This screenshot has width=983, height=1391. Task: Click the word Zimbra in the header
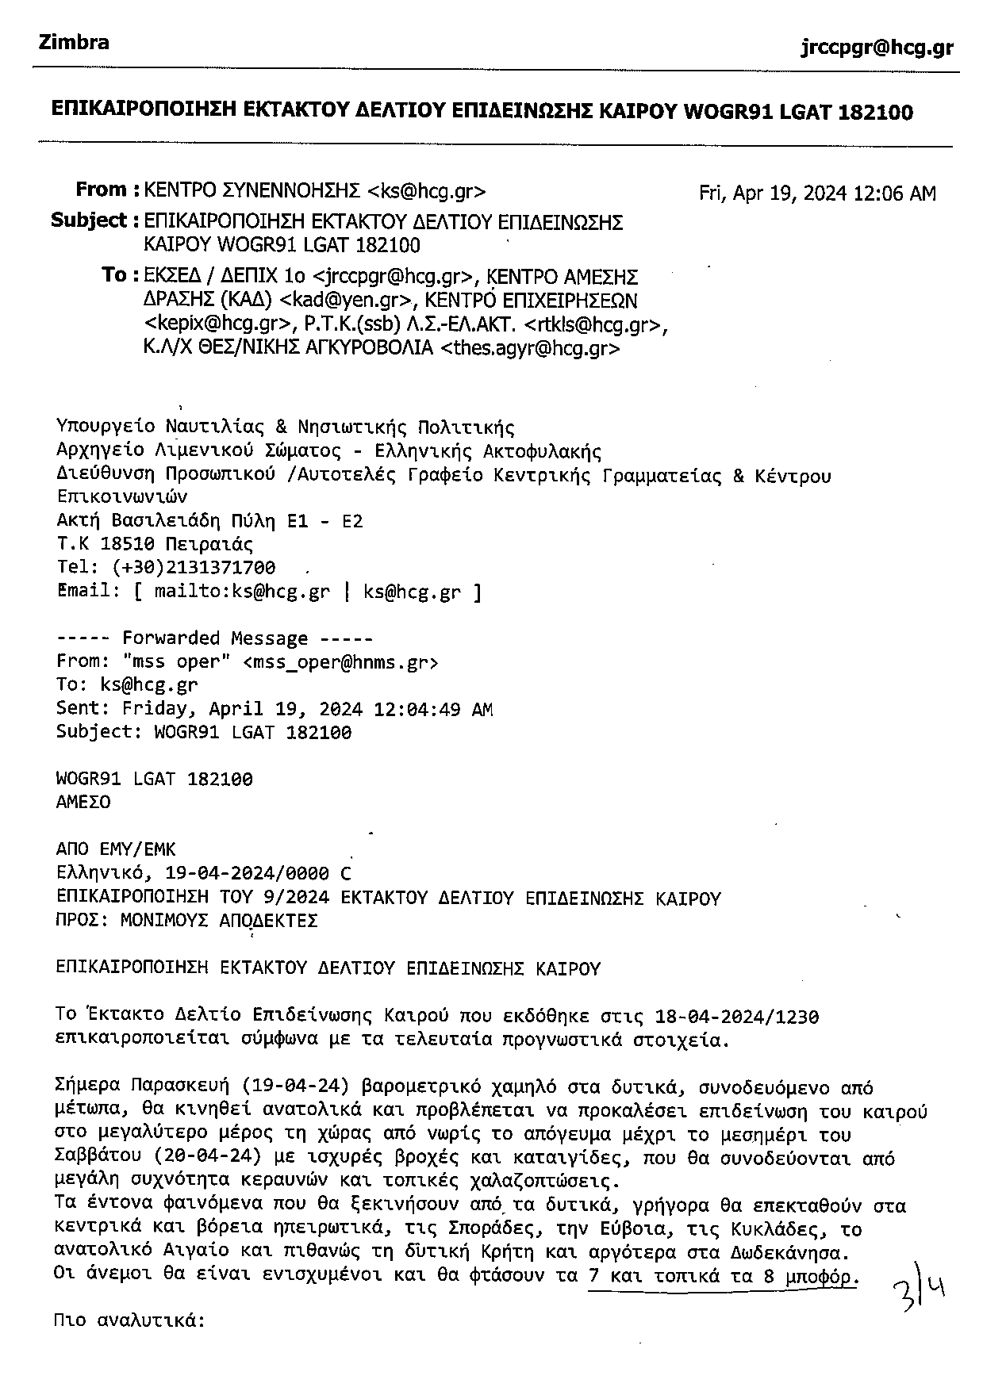pos(74,43)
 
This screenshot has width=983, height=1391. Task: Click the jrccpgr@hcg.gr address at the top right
pos(877,48)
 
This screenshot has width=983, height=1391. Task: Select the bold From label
pos(102,190)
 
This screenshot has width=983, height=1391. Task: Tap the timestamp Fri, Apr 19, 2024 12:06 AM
pos(816,194)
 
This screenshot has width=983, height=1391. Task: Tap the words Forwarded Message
pos(214,638)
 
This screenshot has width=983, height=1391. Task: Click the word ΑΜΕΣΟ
pos(83,803)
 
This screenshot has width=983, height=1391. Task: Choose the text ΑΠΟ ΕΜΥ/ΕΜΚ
pos(116,851)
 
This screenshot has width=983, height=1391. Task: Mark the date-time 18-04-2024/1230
pos(737,1017)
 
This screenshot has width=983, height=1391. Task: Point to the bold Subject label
pos(89,220)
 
